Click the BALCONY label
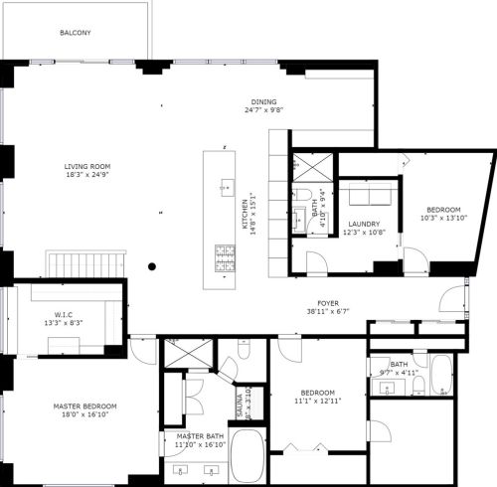pyautogui.click(x=76, y=33)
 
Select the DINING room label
pyautogui.click(x=263, y=101)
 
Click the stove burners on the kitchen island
pyautogui.click(x=224, y=257)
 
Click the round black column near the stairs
pyautogui.click(x=152, y=265)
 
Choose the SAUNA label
pyautogui.click(x=240, y=404)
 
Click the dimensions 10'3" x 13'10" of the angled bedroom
pyautogui.click(x=443, y=219)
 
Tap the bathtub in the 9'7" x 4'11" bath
pyautogui.click(x=440, y=376)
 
